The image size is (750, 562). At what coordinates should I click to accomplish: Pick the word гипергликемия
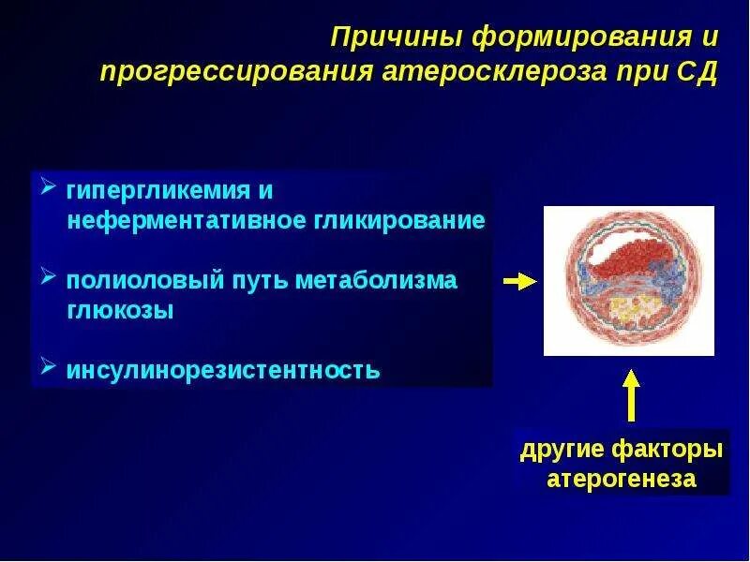[x=158, y=192]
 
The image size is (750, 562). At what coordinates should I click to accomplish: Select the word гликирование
[x=400, y=221]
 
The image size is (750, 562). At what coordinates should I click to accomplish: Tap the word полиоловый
[x=145, y=280]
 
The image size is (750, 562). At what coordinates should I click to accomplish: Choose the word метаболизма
[x=377, y=279]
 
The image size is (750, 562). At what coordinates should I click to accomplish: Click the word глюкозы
[x=120, y=310]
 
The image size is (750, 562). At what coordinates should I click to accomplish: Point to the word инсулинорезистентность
[x=223, y=370]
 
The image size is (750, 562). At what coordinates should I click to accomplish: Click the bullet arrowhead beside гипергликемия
[x=49, y=185]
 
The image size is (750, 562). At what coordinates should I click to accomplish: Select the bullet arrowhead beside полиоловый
[x=49, y=275]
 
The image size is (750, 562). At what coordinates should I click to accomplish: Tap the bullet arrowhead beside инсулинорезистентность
[x=49, y=365]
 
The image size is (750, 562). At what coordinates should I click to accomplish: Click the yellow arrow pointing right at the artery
[x=520, y=282]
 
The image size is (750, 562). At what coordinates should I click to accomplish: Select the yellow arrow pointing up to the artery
[x=631, y=395]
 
